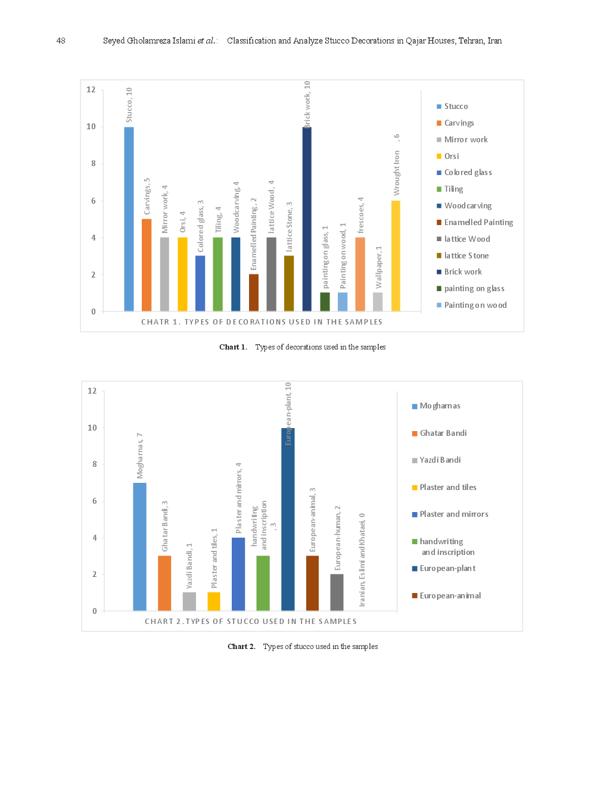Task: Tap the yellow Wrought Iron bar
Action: [396, 255]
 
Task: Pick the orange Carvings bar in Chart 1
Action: [147, 265]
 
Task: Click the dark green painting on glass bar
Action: [325, 301]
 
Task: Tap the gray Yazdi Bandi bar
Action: [189, 601]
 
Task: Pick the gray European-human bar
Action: [337, 592]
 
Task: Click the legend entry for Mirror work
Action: [465, 139]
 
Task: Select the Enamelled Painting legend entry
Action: [478, 222]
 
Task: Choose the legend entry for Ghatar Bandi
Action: [443, 433]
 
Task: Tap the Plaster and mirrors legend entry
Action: [453, 514]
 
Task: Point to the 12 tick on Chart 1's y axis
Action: [91, 89]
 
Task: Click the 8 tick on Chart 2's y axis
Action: [94, 464]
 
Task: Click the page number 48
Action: [61, 40]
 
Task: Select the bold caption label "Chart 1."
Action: [233, 347]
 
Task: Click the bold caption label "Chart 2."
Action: [241, 646]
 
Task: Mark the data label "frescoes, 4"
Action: [360, 215]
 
